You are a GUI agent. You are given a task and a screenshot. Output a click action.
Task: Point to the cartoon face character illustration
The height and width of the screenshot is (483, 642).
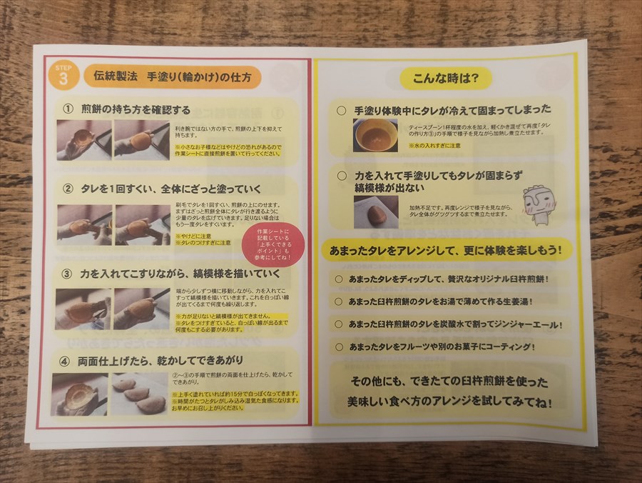tap(536, 204)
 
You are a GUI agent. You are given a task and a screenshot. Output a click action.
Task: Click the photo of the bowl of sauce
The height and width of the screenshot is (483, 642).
tap(374, 134)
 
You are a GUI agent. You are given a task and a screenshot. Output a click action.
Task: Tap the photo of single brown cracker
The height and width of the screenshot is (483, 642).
tap(375, 212)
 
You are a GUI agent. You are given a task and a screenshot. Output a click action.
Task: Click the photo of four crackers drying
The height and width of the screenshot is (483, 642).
tap(138, 394)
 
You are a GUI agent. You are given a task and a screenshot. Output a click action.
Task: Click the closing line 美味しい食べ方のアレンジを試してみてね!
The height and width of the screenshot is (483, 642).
tap(450, 402)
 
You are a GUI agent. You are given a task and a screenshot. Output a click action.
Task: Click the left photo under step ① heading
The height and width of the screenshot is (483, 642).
tap(83, 139)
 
